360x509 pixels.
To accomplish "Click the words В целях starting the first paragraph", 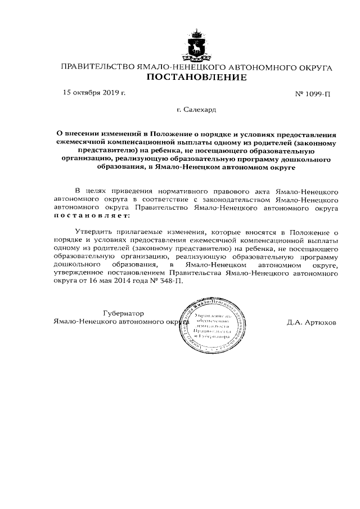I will click(87, 191).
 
